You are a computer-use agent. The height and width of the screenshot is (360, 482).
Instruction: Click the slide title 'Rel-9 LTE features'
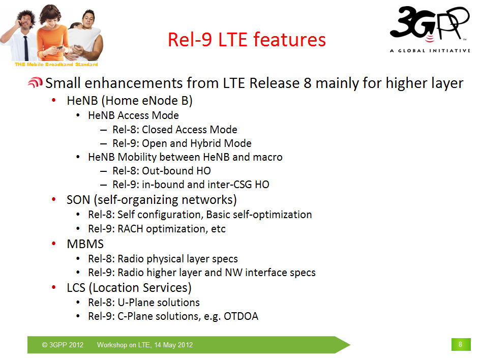click(247, 40)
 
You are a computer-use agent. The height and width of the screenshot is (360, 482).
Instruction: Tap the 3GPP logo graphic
click(430, 24)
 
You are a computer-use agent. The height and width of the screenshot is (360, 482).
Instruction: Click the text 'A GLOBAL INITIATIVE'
click(430, 51)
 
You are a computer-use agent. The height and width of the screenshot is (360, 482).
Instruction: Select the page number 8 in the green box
click(461, 344)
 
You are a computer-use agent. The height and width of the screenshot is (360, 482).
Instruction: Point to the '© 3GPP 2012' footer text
click(63, 345)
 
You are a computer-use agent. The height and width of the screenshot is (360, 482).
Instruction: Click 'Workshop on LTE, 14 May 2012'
click(145, 345)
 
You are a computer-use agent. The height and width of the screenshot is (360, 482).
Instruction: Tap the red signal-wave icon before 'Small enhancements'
click(35, 82)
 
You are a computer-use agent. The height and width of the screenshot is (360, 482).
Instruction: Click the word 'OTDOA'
click(241, 316)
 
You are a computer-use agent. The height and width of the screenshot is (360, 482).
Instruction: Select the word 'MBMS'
click(85, 244)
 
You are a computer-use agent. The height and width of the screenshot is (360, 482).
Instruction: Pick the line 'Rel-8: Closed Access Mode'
click(174, 130)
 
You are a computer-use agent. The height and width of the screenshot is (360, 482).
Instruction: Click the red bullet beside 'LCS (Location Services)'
click(54, 288)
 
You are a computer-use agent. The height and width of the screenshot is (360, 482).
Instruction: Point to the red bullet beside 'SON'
click(54, 199)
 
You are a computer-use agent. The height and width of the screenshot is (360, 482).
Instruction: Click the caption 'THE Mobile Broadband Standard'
click(56, 64)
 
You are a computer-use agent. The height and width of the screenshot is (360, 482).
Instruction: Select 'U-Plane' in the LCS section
click(136, 303)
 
